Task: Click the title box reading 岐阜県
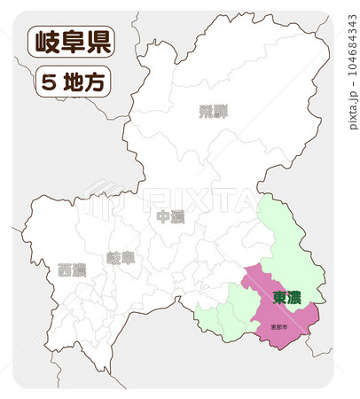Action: [71, 42]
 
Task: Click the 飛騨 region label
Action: [213, 112]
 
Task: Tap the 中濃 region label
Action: [169, 217]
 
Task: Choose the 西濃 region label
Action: [72, 270]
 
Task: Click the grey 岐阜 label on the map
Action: [121, 258]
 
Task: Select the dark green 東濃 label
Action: [286, 297]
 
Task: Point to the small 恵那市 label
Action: [279, 327]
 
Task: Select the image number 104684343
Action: [353, 54]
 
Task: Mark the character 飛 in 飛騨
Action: [206, 112]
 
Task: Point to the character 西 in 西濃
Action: [65, 270]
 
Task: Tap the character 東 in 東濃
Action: [279, 297]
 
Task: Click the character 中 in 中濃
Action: [162, 217]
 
